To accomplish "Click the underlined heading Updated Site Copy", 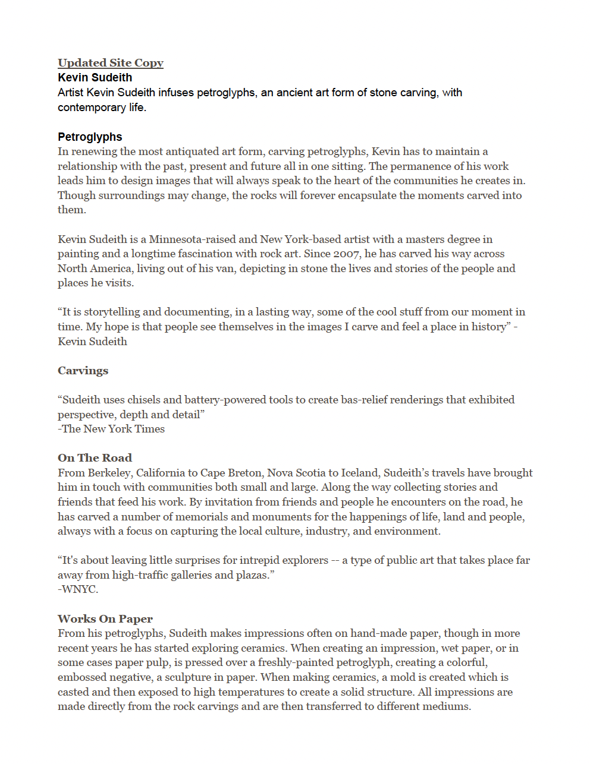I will tap(110, 63).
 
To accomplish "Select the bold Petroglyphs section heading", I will tap(90, 137).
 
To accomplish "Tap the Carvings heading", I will tap(83, 371).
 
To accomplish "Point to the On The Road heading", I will tap(95, 458).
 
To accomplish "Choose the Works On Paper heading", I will tap(105, 619).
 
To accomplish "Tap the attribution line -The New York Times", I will tap(111, 429).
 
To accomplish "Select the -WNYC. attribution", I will tap(78, 589).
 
